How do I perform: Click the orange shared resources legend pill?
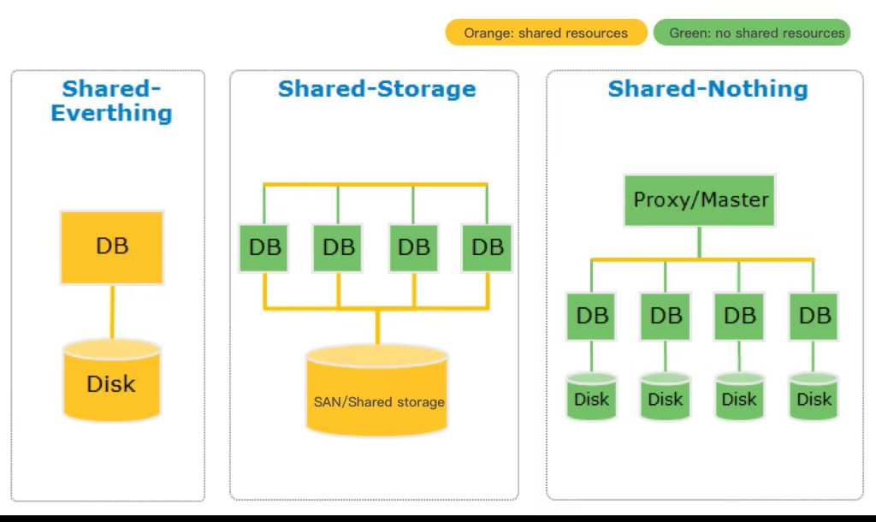point(546,33)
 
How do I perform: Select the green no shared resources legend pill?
point(752,33)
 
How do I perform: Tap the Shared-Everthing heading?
point(111,101)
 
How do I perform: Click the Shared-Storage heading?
point(376,89)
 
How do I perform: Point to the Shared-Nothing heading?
point(707,89)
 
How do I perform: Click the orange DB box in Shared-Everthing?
point(111,247)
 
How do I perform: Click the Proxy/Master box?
point(700,200)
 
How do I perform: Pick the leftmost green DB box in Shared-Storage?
point(264,248)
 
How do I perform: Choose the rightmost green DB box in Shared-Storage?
point(488,248)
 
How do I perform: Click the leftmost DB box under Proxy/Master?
point(591,316)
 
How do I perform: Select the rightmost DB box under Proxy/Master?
point(814,316)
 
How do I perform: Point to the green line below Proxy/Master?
point(700,242)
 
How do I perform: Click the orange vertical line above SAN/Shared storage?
point(377,327)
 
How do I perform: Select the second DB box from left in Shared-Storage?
point(339,248)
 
